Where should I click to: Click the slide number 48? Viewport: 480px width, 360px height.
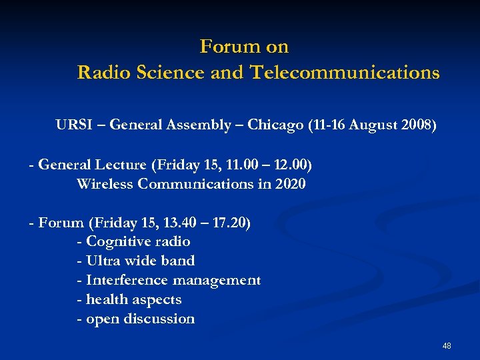pos(447,345)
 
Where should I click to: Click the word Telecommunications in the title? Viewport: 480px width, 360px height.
pos(345,73)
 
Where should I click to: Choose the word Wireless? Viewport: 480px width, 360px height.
pos(105,183)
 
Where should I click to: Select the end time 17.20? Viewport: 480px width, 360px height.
pos(229,223)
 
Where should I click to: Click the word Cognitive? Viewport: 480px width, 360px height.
pos(118,241)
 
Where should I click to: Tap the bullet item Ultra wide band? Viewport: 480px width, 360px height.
pos(136,261)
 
